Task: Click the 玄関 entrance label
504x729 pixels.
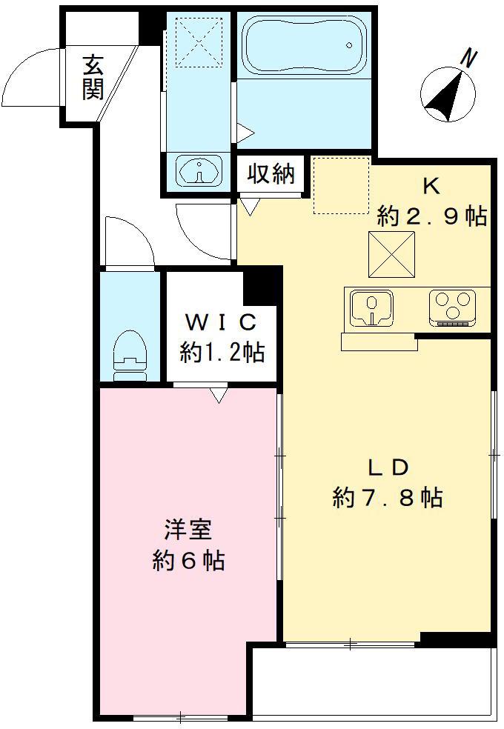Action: [93, 77]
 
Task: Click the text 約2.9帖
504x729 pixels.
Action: [431, 216]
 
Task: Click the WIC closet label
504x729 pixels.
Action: [221, 322]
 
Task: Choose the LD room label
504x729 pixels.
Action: [388, 467]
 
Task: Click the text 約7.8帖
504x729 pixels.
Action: [388, 498]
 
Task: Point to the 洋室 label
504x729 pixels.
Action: [188, 531]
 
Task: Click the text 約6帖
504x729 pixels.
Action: [188, 561]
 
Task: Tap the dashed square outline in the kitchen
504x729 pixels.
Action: [340, 185]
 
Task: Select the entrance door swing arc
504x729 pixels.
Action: [30, 74]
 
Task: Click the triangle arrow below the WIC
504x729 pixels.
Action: [217, 395]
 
